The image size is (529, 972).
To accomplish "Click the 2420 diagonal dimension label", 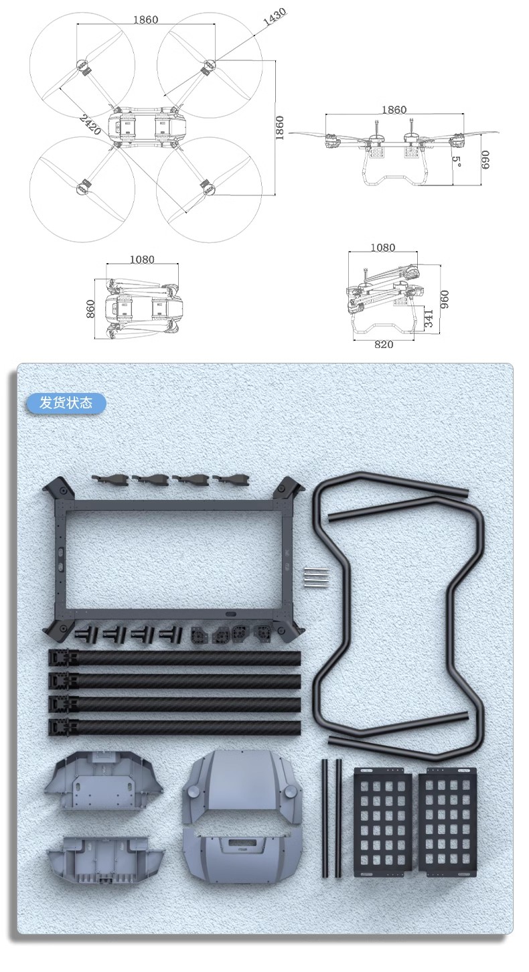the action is click(x=90, y=125).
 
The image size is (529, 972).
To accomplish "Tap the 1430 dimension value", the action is click(x=275, y=17).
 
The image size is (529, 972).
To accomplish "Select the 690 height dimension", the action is click(x=485, y=160).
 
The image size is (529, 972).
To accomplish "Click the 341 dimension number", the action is click(x=428, y=319).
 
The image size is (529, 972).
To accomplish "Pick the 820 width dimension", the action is click(x=384, y=344).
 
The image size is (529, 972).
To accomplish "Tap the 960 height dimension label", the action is click(x=445, y=299).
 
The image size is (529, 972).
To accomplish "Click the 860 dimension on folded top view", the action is click(x=90, y=309).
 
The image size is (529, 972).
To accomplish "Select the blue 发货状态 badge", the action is click(x=66, y=403).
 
